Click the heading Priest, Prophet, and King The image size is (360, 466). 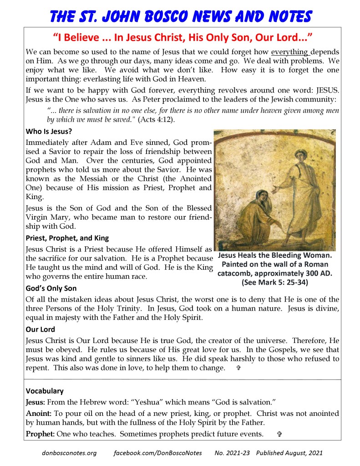[67, 238]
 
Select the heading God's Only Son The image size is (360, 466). [51, 288]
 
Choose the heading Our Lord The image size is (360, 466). [41, 329]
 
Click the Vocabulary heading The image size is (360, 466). [45, 391]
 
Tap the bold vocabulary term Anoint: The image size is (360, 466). [39, 414]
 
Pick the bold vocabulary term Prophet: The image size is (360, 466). [40, 434]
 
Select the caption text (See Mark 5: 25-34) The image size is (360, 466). [275, 282]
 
